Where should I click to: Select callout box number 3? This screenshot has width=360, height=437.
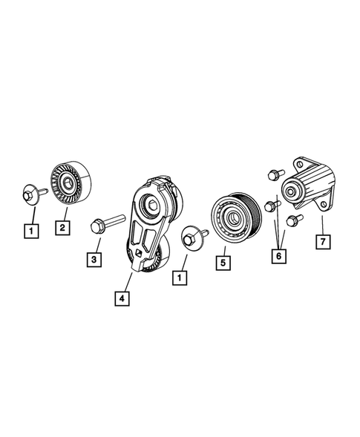(x=94, y=259)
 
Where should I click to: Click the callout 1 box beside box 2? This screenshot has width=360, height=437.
(x=30, y=230)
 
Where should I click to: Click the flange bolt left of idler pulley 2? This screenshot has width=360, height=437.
(x=30, y=194)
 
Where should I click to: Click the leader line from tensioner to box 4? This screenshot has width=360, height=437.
(x=128, y=281)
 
